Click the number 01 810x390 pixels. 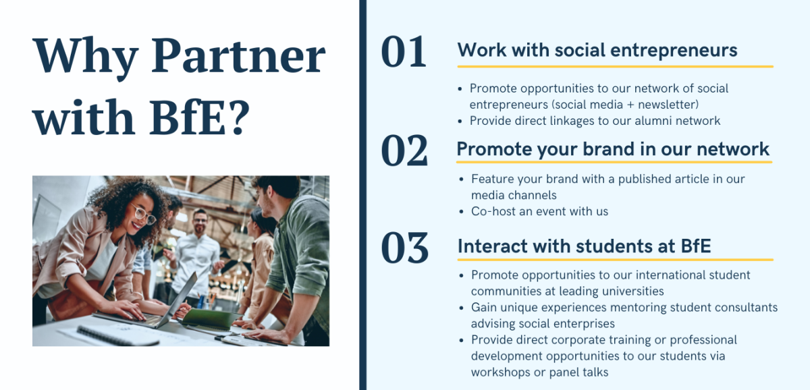coord(404,53)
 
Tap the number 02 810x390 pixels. coord(404,150)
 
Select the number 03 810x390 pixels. coord(404,248)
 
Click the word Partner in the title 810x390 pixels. coord(238,57)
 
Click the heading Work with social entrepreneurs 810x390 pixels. coord(597,50)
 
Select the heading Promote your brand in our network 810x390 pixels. coord(613,149)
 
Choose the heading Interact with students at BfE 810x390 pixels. coord(584,246)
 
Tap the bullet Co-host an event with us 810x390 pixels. coord(539,211)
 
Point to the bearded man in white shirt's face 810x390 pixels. coord(200,221)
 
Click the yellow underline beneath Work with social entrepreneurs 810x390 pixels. coord(614,67)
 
